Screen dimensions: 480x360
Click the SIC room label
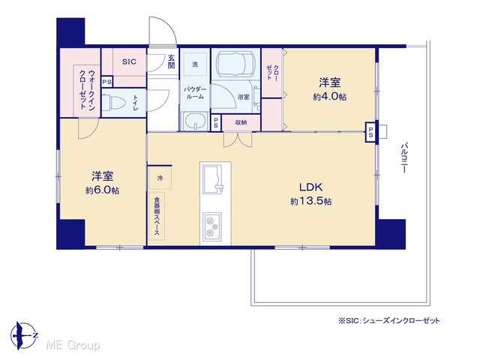point(129,61)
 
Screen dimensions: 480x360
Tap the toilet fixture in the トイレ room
point(113,103)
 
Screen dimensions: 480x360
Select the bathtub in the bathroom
point(235,64)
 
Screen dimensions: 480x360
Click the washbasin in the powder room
point(194,121)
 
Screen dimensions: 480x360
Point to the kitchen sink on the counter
point(213,179)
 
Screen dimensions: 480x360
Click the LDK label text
point(310,187)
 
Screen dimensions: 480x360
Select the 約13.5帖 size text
point(310,201)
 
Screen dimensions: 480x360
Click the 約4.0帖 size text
point(330,97)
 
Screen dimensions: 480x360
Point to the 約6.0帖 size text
point(102,190)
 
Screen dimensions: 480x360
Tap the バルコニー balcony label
point(404,157)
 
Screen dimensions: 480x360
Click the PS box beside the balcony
point(370,132)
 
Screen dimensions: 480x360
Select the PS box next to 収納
point(216,123)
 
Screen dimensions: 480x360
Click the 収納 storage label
point(241,122)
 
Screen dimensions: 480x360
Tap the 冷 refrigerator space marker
point(160,178)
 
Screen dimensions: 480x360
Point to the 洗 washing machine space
point(195,64)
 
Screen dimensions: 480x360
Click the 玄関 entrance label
point(171,61)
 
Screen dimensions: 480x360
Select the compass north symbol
point(24,335)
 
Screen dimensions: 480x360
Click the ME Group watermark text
point(73,346)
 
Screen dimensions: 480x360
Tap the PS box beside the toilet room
point(106,82)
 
